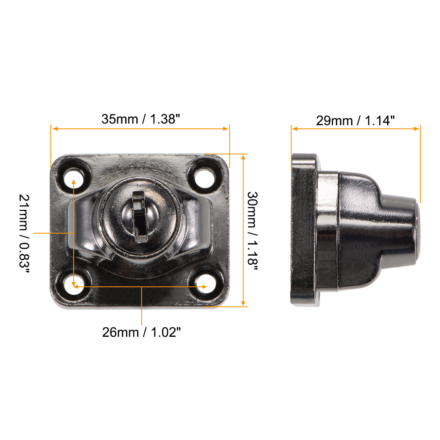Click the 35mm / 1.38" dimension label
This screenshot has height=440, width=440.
click(141, 119)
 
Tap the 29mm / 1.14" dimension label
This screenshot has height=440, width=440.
click(355, 120)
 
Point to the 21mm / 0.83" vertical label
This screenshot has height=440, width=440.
click(25, 234)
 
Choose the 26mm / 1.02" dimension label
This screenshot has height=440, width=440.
click(142, 332)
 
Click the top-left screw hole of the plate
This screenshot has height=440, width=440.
click(74, 176)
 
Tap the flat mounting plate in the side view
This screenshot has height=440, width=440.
click(304, 230)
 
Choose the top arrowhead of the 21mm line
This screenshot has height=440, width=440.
click(74, 182)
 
